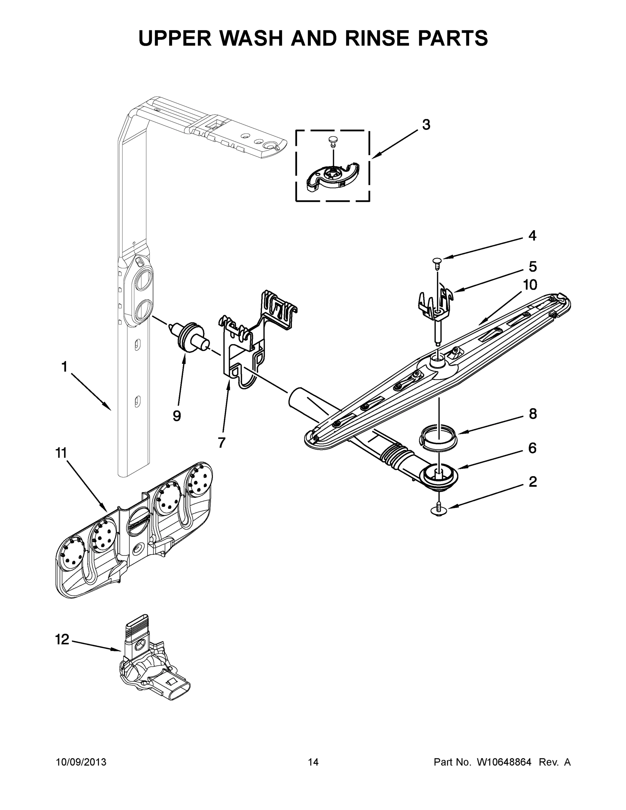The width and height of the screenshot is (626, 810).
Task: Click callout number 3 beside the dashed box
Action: pos(426,125)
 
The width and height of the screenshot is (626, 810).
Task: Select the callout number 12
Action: pos(62,639)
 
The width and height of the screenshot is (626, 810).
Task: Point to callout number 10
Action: pos(530,285)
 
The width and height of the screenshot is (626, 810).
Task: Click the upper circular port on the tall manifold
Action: pos(143,280)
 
